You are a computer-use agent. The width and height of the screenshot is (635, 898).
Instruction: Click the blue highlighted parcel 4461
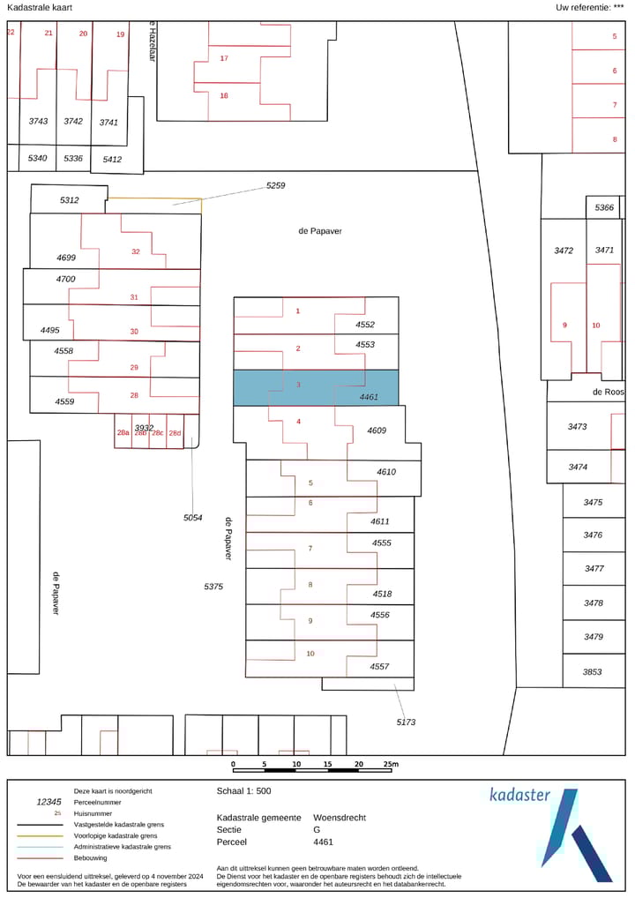(315, 388)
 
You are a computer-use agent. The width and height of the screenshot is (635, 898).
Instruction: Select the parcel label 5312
(70, 200)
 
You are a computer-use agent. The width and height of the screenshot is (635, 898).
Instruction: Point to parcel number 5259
(276, 186)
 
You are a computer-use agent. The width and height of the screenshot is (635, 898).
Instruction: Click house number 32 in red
(136, 251)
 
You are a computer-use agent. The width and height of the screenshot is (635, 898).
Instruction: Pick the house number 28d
(175, 433)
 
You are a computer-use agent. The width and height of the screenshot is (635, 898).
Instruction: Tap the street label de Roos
(609, 392)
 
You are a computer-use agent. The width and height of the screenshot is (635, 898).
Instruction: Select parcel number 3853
(593, 671)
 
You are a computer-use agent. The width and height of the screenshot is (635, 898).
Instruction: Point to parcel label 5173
(406, 722)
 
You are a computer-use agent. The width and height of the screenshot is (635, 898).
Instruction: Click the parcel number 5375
(213, 587)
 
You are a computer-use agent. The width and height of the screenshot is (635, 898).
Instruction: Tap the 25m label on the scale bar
(390, 764)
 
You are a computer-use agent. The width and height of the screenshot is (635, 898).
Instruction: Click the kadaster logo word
(519, 795)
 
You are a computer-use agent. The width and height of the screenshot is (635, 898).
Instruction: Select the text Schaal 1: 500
(244, 791)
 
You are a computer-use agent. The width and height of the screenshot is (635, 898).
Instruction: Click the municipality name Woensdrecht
(340, 818)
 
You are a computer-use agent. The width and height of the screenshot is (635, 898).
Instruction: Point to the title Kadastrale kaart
(40, 7)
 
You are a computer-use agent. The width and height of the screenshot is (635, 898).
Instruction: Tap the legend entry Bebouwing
(91, 857)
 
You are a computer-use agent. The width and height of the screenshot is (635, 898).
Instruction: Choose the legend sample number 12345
(49, 803)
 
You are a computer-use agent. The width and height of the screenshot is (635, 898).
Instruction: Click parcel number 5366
(604, 207)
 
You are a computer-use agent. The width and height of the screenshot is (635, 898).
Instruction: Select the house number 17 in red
(224, 58)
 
